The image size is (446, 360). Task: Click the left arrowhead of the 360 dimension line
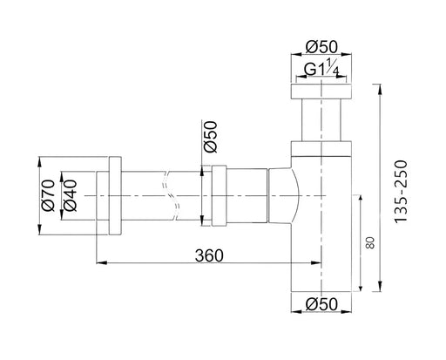tap(97, 262)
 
